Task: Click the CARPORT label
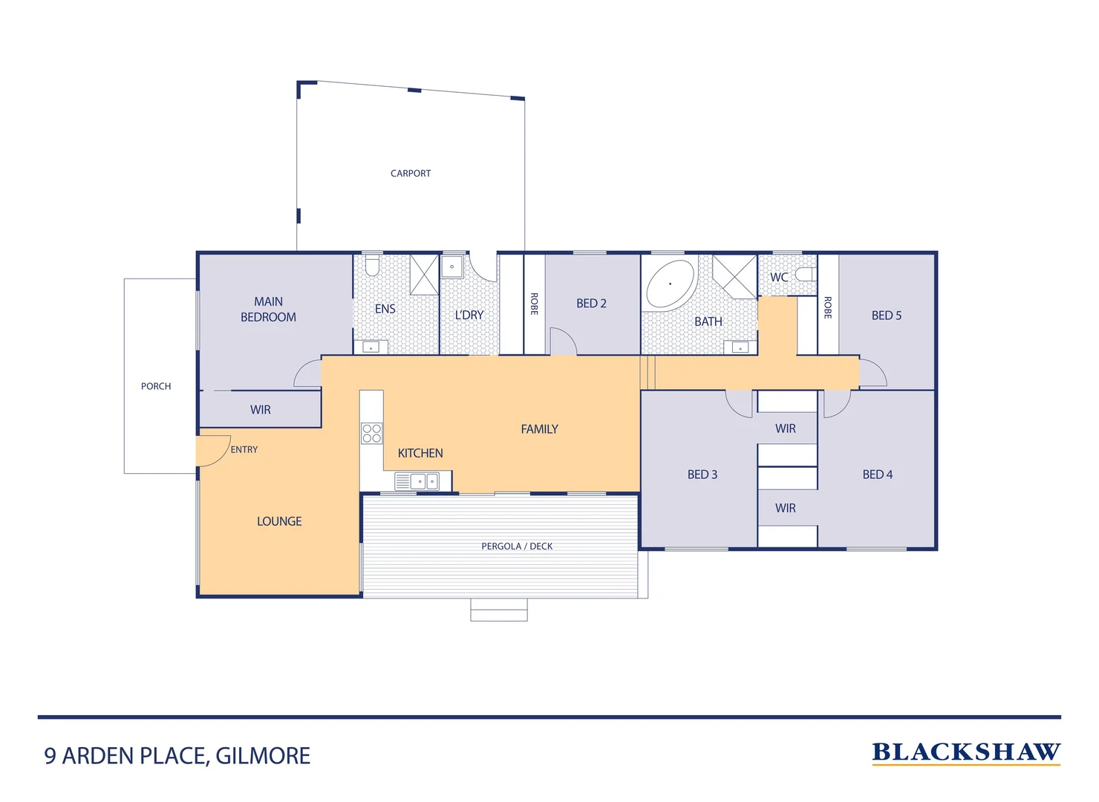411,173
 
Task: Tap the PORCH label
156,386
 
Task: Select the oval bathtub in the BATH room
671,284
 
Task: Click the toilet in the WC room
805,275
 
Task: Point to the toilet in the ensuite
372,265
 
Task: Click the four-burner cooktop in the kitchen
371,434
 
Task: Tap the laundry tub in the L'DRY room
452,267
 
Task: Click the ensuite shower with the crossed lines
425,274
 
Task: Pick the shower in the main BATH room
734,276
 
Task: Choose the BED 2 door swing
563,342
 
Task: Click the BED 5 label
886,316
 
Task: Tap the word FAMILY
539,429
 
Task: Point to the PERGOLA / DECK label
517,547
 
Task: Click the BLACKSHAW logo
965,752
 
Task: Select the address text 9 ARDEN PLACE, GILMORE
177,756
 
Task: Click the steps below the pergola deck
499,610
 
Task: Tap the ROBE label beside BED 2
534,304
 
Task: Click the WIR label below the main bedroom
260,410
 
